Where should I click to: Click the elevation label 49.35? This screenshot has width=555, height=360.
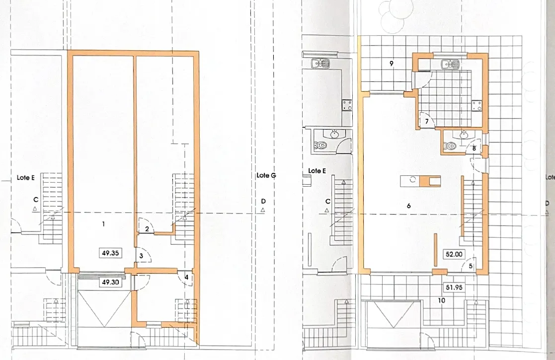click(110, 253)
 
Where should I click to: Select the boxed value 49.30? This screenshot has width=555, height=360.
click(110, 282)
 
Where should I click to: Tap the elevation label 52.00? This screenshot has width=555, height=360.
click(454, 254)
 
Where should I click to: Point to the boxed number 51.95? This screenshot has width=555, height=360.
click(454, 287)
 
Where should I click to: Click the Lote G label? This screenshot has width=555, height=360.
click(266, 175)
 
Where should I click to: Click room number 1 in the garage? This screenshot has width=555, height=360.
click(103, 224)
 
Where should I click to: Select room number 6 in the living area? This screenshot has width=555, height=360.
click(409, 206)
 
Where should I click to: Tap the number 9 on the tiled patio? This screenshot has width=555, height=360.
click(392, 64)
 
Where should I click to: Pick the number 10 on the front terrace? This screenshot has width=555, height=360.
click(441, 300)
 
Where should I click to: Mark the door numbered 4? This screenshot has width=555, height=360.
click(186, 277)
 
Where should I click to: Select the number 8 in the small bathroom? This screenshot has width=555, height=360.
click(474, 148)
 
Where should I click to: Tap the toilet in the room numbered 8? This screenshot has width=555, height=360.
click(450, 145)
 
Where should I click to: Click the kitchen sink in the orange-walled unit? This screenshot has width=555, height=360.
click(450, 64)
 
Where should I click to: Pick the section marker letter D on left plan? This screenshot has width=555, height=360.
click(263, 201)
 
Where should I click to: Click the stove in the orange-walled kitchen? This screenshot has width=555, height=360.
click(477, 105)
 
